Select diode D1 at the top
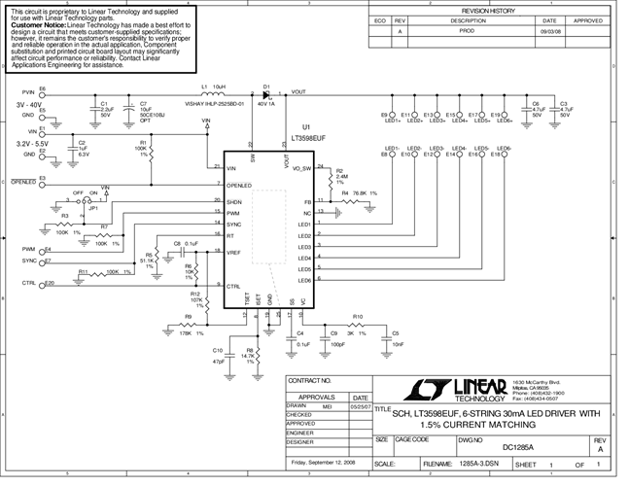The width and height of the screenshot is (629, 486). (267, 93)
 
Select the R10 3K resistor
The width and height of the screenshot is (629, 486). (358, 326)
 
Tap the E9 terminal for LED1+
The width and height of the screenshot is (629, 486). (392, 114)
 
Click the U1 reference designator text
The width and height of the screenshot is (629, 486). (305, 127)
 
